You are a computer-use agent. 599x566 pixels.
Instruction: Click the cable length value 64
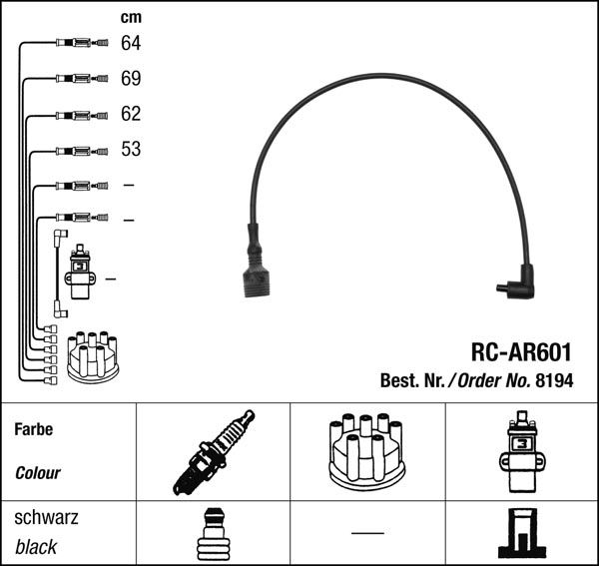click(x=131, y=43)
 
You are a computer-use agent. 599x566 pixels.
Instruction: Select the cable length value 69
click(x=131, y=78)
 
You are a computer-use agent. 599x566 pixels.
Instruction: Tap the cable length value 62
click(x=131, y=114)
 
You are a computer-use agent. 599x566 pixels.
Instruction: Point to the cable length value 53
click(x=131, y=150)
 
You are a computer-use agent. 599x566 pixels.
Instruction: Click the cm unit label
click(x=130, y=17)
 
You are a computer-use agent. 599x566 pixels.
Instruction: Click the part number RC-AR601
click(x=520, y=352)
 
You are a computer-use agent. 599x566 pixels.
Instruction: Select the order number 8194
click(x=554, y=380)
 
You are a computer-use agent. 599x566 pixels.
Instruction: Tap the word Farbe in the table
click(x=34, y=430)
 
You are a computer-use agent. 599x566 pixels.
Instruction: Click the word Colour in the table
click(x=38, y=473)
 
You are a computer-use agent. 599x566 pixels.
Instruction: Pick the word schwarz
click(x=46, y=518)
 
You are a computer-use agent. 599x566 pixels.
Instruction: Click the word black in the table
click(x=36, y=547)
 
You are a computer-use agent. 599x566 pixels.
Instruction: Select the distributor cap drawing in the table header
click(x=365, y=452)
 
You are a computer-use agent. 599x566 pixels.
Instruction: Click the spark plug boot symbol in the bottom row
click(x=212, y=535)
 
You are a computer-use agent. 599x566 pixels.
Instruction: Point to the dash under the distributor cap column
click(x=367, y=533)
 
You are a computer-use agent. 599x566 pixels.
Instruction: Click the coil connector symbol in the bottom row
click(x=522, y=534)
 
